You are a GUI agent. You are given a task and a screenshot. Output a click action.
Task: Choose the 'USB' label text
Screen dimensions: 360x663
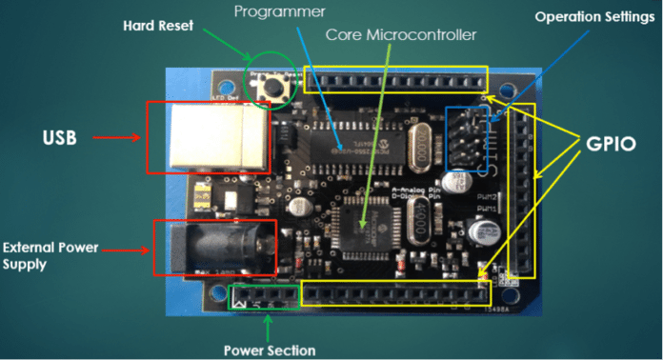60,138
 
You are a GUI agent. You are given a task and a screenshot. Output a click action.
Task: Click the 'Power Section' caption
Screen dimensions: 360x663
269,349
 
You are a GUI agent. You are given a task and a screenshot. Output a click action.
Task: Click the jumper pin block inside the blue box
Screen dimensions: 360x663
468,138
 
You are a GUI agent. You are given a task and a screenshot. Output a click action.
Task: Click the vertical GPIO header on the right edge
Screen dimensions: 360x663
522,190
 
